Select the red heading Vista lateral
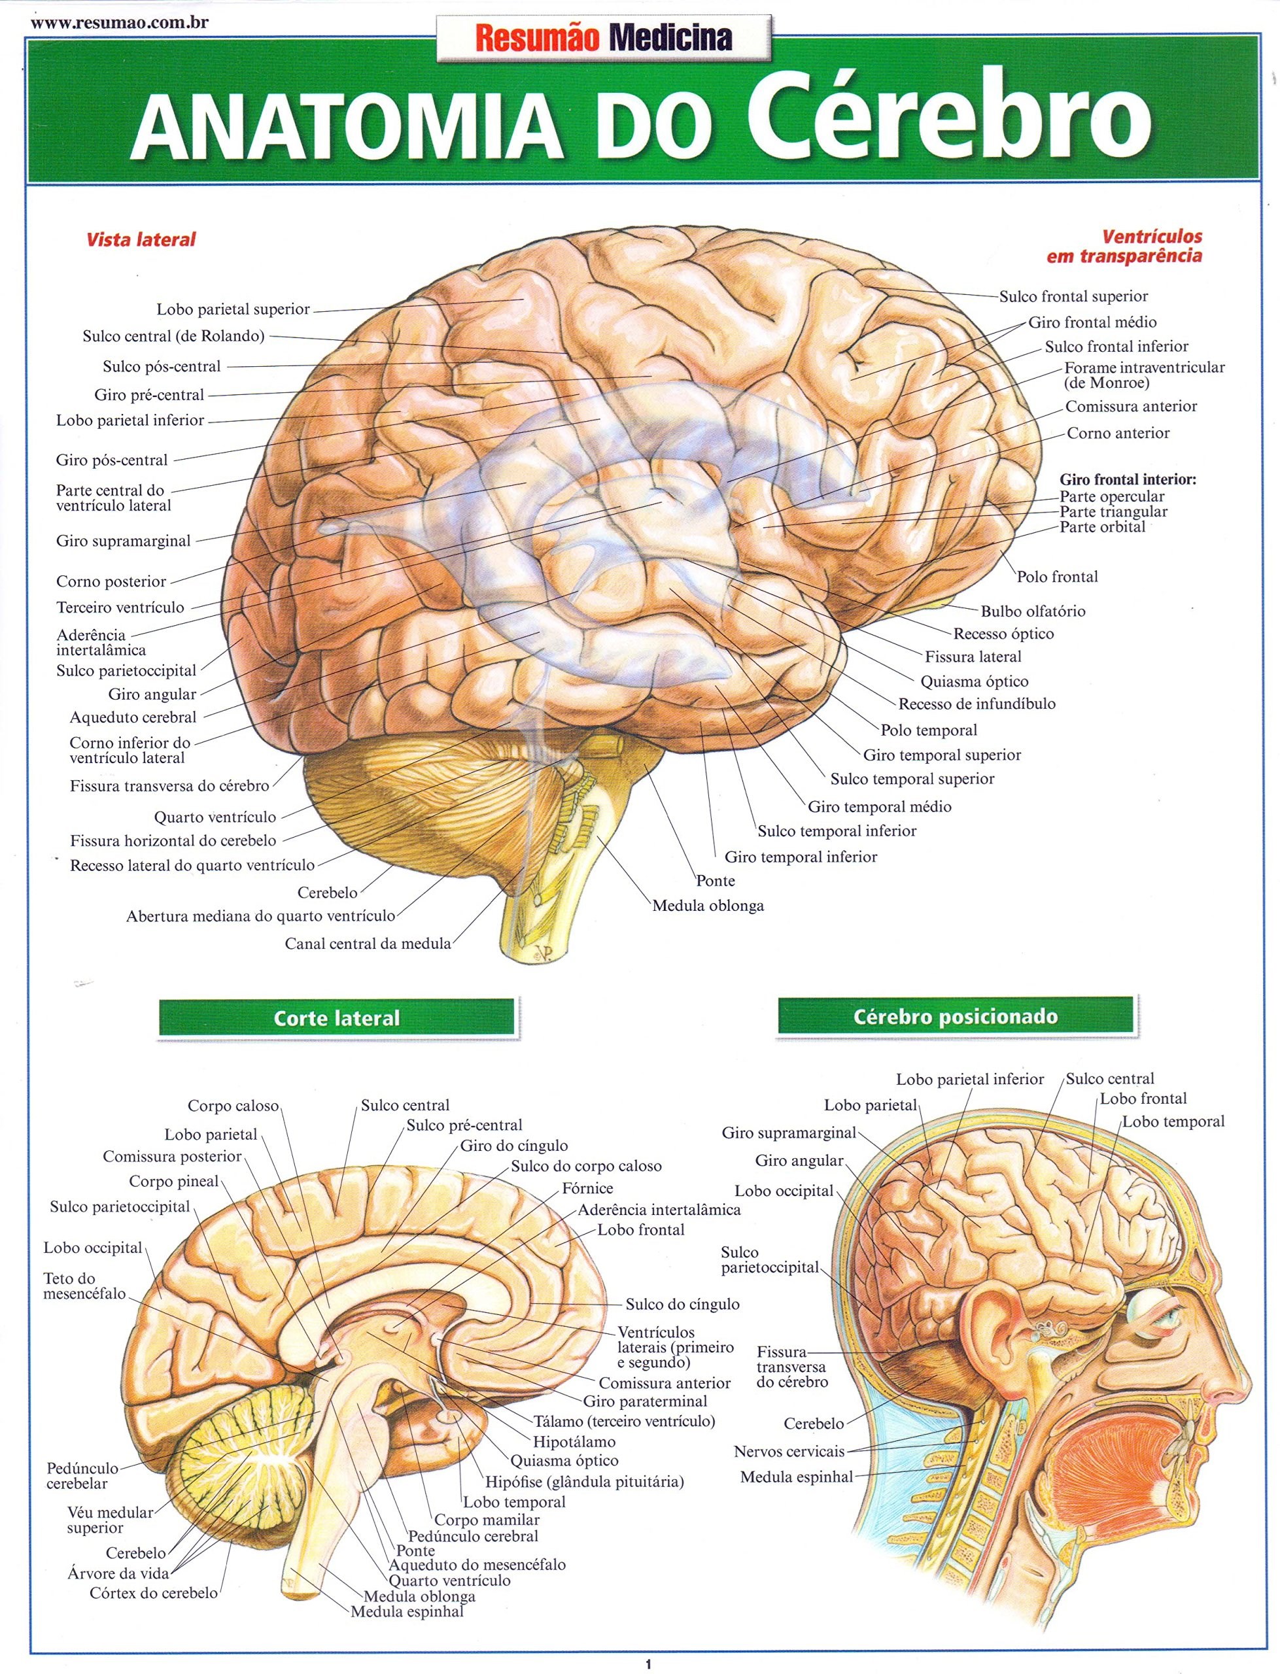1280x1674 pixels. point(141,240)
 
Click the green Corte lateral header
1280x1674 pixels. point(337,1018)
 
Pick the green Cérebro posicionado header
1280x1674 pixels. point(956,1017)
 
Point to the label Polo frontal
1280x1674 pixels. point(1058,577)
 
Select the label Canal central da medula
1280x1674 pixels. point(368,944)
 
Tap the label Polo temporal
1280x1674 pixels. point(929,730)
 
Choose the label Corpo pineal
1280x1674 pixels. point(174,1182)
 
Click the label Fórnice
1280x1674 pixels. point(587,1188)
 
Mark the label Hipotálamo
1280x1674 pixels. point(574,1442)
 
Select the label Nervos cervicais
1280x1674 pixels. point(789,1452)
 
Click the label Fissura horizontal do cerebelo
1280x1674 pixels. point(173,841)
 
